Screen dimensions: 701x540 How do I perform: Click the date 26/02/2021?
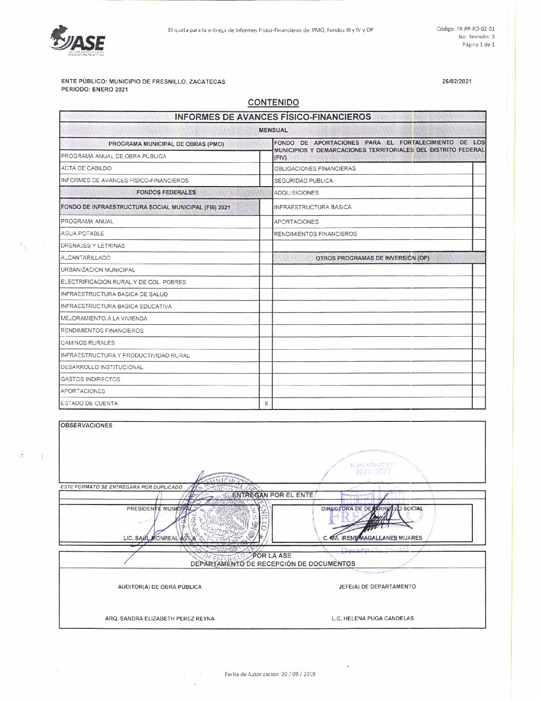(457, 82)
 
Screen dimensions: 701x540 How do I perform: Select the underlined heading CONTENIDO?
(273, 102)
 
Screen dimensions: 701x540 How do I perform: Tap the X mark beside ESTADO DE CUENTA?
(266, 403)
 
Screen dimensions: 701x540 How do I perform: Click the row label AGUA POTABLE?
(83, 233)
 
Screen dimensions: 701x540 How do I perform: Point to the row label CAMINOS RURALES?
(88, 343)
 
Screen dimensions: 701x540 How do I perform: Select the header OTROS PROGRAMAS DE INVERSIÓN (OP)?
(372, 258)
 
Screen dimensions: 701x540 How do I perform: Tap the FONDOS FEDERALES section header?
(166, 192)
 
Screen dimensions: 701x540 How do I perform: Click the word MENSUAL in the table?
(273, 130)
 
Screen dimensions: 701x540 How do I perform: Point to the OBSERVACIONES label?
(87, 426)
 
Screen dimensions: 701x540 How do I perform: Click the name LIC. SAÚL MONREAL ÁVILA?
(160, 538)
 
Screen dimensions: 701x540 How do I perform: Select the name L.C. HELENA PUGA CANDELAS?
(373, 618)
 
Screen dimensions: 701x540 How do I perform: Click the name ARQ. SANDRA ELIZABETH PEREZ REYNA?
(160, 618)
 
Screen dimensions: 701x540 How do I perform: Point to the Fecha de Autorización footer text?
(270, 674)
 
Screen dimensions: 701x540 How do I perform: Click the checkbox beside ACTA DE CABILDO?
(266, 168)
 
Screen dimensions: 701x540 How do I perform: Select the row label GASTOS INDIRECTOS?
(90, 379)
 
